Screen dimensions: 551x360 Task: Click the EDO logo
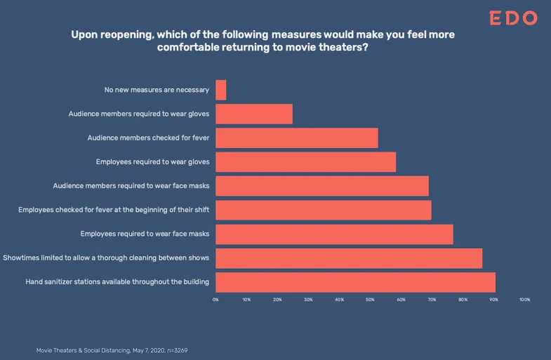(x=513, y=18)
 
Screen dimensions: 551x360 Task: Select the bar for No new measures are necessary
(x=220, y=90)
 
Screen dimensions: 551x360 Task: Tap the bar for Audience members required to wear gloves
(x=253, y=114)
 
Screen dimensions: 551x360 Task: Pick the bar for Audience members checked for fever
(x=297, y=138)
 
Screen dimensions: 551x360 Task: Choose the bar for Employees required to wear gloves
(x=305, y=162)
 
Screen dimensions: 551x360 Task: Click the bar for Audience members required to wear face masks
(x=322, y=186)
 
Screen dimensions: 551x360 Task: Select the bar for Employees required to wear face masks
(x=334, y=234)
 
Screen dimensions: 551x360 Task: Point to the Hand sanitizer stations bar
(x=355, y=282)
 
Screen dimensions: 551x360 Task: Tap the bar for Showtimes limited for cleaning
(x=349, y=258)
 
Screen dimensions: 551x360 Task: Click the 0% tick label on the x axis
(x=215, y=300)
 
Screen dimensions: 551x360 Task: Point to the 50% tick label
(x=370, y=300)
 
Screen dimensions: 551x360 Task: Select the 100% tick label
(x=524, y=300)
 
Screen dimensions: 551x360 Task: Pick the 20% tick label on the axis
(x=277, y=300)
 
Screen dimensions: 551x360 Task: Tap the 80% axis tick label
(x=463, y=300)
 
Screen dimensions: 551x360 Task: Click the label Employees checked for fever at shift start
(x=114, y=210)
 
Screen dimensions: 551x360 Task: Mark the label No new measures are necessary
(x=157, y=90)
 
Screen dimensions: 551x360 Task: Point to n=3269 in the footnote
(x=177, y=350)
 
